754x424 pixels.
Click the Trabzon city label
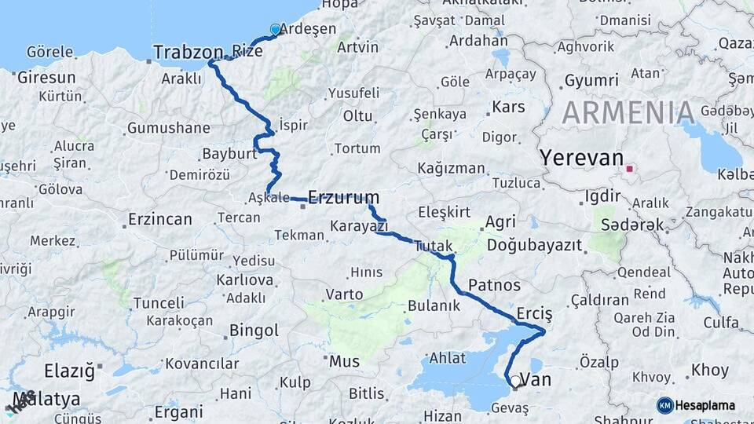coord(188,53)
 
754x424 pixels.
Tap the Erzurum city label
coord(343,197)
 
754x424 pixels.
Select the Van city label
coord(537,380)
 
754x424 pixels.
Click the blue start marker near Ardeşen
coord(275,30)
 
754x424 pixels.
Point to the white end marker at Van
coord(515,381)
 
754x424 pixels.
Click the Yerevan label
coord(580,158)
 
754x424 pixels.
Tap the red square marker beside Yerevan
coord(629,167)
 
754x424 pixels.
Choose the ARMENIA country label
coord(628,113)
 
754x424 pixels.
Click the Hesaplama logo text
coord(705,405)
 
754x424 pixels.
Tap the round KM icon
coord(664,405)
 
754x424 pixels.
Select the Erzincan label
coord(159,219)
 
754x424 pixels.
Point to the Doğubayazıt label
coord(535,246)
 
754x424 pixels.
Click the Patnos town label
coord(494,284)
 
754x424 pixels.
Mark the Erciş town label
coord(535,314)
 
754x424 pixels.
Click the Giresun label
coord(46,77)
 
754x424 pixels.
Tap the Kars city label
coord(508,107)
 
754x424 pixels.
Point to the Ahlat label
coord(448,358)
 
